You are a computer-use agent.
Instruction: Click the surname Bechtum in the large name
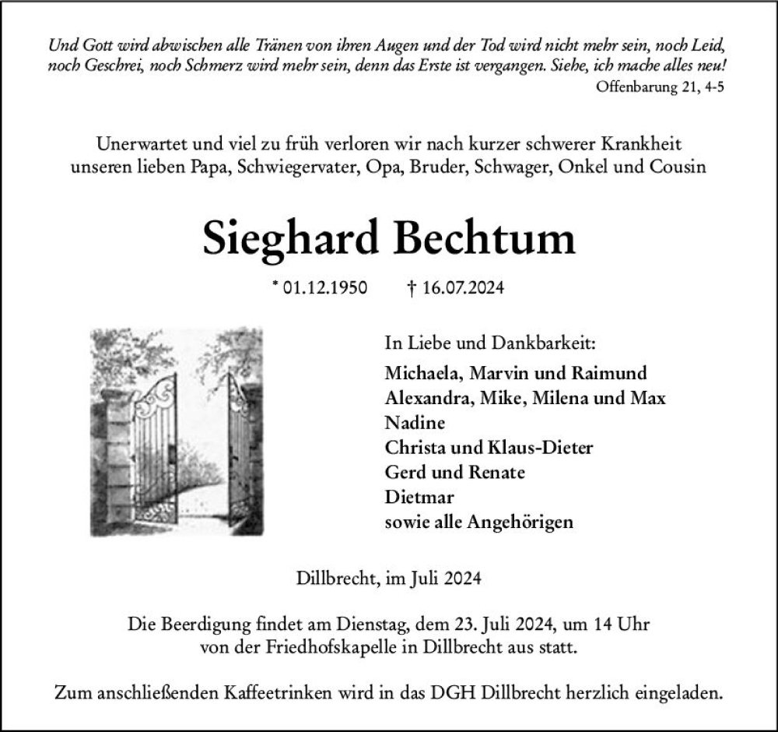[x=485, y=239]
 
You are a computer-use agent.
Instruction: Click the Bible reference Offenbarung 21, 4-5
[x=661, y=87]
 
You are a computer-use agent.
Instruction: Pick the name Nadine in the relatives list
[x=415, y=423]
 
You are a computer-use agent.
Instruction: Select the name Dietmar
[x=419, y=497]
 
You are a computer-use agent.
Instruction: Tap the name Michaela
[x=422, y=373]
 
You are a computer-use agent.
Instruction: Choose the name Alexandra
[x=426, y=398]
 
